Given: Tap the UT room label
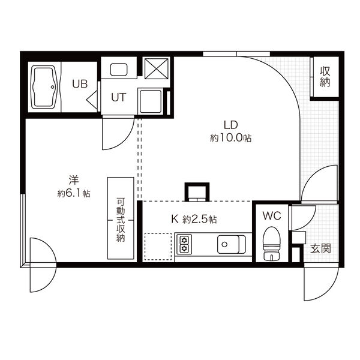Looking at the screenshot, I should click(118, 98).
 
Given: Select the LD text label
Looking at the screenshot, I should click(231, 125).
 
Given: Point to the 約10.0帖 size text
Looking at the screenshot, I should click(231, 137).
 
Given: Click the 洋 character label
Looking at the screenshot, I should click(74, 179).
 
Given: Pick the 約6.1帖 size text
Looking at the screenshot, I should click(74, 193).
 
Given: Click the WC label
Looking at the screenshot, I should click(272, 215).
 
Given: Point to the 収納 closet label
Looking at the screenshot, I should click(325, 77).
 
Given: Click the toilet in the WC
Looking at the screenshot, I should click(272, 242).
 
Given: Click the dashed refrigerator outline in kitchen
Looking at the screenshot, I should click(158, 246).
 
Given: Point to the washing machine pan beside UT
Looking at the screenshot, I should click(151, 101).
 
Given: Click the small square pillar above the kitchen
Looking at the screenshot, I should click(196, 191).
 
